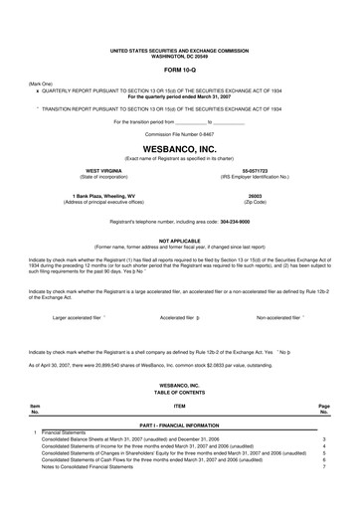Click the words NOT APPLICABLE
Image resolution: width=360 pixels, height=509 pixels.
click(x=180, y=239)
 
